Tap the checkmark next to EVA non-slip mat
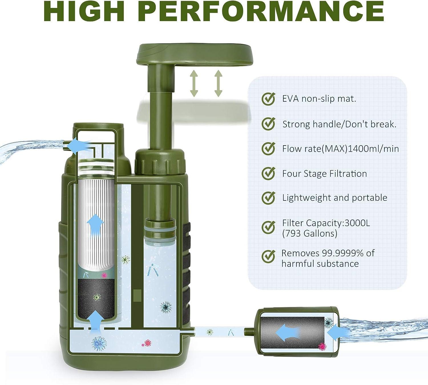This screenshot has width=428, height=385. pos(268,99)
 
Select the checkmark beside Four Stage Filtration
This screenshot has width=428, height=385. pos(268,173)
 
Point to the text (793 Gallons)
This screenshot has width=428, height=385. pos(310,234)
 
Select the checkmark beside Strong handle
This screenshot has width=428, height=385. pos(268,124)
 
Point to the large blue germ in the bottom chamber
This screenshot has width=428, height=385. pos(99,343)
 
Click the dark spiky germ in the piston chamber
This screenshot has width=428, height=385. pos(166,307)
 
